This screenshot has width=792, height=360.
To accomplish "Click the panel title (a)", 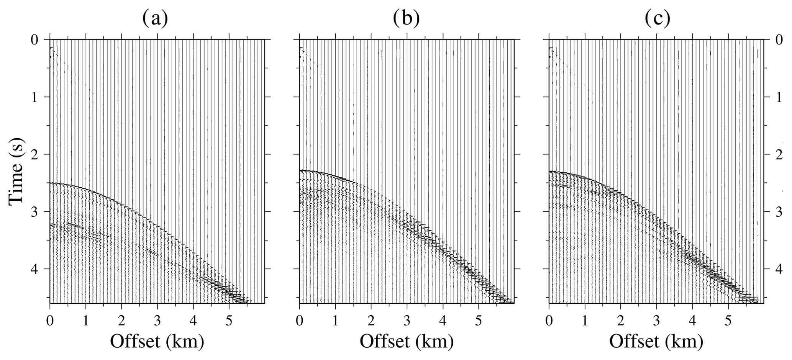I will tap(155, 18).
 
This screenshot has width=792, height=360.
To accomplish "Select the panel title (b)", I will tap(406, 18).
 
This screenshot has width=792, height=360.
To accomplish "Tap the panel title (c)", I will tap(657, 18).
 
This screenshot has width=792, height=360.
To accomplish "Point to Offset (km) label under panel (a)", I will tap(157, 340).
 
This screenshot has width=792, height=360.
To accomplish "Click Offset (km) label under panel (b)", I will tap(406, 340).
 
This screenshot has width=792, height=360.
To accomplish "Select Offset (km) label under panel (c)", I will tap(656, 340).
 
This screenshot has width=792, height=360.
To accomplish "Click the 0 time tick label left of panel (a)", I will tap(36, 40).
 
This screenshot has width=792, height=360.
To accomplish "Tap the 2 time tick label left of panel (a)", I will tap(36, 155).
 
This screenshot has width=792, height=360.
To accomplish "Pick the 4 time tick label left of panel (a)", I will tap(36, 270).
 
